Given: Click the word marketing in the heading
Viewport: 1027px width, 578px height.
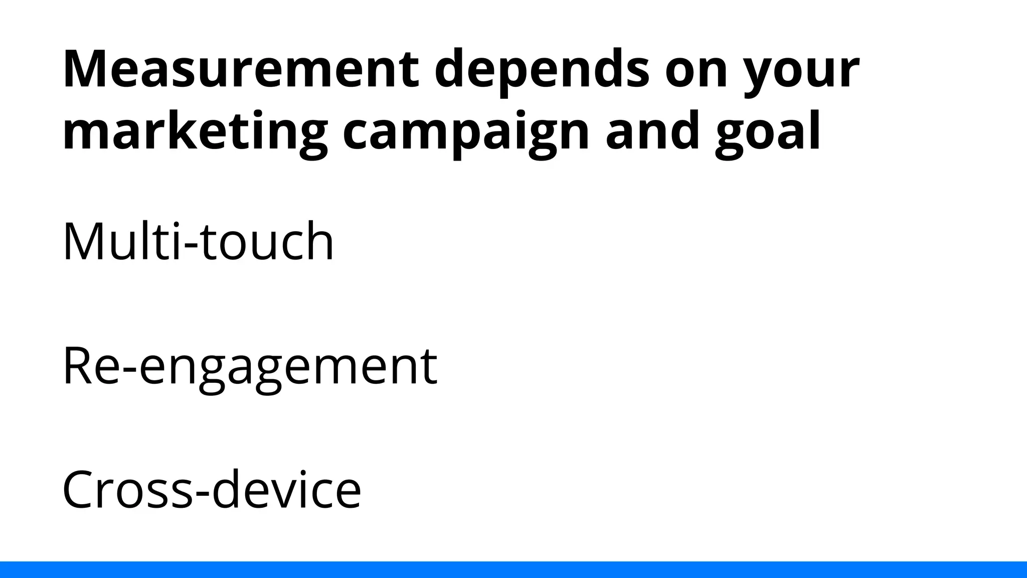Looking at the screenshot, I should pos(195,131).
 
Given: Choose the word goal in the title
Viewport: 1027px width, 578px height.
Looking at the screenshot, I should pos(767,131).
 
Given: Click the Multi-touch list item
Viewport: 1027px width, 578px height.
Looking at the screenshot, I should pos(198,242).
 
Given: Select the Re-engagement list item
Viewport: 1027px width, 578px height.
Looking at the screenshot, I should pos(250,366).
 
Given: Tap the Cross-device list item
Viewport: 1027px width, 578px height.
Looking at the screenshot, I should pos(212,490).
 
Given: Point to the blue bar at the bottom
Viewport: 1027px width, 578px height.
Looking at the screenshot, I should pos(513,569).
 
